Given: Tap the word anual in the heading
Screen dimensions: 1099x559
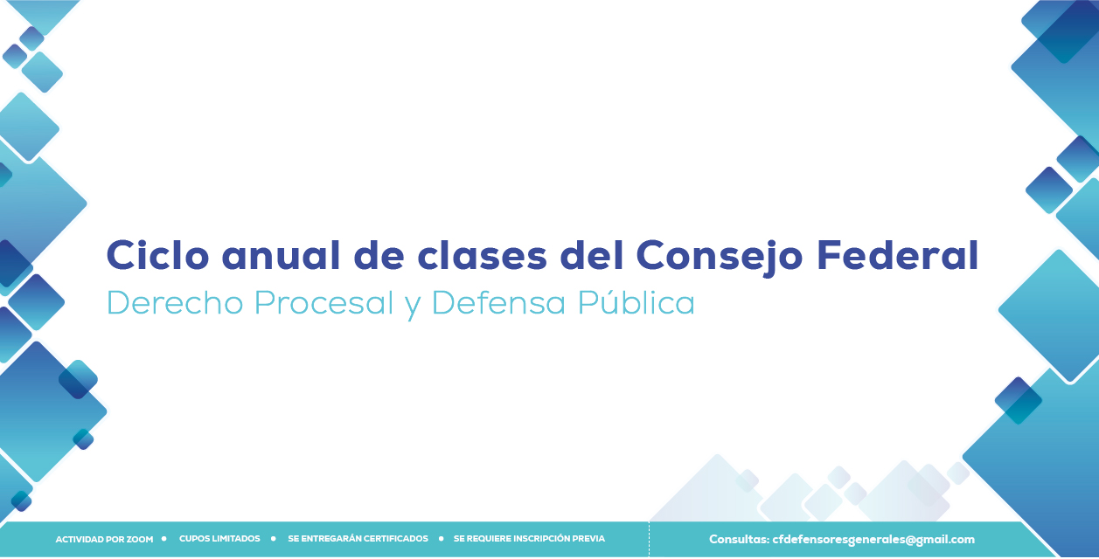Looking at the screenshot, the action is [x=281, y=255].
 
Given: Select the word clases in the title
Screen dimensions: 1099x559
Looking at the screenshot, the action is [x=482, y=255].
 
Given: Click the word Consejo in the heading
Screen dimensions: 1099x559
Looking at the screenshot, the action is [x=720, y=258].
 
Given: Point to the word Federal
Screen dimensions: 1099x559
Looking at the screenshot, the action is [x=897, y=255].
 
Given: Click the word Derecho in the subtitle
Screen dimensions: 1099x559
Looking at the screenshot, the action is [x=175, y=302].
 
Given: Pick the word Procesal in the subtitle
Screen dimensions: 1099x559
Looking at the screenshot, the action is [x=324, y=302].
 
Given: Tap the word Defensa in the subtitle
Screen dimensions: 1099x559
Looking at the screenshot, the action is [x=498, y=302].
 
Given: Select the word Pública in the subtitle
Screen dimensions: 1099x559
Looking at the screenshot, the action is [x=636, y=302].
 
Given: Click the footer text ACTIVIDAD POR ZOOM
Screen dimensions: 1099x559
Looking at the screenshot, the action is [x=104, y=540].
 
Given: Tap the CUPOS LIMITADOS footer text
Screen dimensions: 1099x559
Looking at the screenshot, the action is [x=219, y=538].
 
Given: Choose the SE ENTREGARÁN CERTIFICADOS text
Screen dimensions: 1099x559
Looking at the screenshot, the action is [x=358, y=538].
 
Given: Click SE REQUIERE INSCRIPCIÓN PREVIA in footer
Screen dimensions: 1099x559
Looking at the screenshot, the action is [x=529, y=538].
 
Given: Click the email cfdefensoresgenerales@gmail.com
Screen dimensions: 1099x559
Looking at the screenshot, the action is [x=873, y=540].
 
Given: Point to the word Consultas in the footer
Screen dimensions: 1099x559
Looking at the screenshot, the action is [x=739, y=540].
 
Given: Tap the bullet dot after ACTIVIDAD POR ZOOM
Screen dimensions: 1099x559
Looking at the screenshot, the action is [x=163, y=538].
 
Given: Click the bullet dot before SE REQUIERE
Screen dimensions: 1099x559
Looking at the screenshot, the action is [x=441, y=538].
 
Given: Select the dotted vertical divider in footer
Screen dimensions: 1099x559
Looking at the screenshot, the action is [x=649, y=540].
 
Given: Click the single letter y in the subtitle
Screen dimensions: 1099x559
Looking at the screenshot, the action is [x=413, y=307].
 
